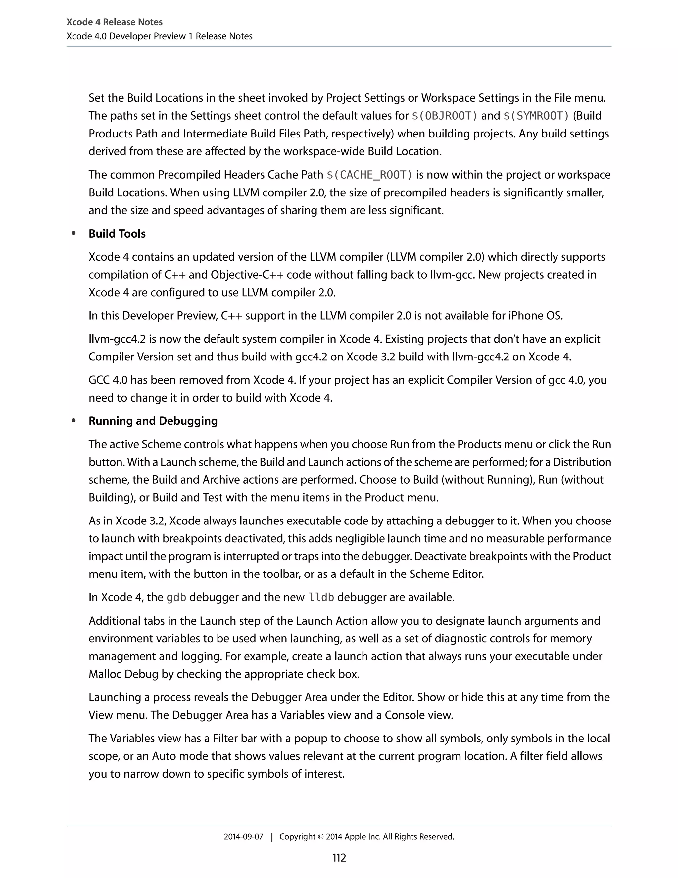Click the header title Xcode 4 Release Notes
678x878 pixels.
click(114, 22)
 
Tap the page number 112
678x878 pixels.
click(339, 858)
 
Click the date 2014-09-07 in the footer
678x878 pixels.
click(243, 837)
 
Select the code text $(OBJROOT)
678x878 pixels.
click(445, 116)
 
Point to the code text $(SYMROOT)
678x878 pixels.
click(536, 116)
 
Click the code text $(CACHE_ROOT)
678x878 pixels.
click(369, 175)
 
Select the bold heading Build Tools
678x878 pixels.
click(117, 234)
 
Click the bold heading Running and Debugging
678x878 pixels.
click(153, 421)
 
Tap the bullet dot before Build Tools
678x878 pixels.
click(73, 234)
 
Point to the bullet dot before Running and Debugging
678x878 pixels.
click(73, 421)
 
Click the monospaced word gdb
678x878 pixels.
click(176, 597)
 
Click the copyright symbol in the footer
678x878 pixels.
click(320, 837)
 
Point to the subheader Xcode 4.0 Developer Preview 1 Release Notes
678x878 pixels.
click(160, 36)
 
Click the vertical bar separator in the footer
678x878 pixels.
click(271, 837)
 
